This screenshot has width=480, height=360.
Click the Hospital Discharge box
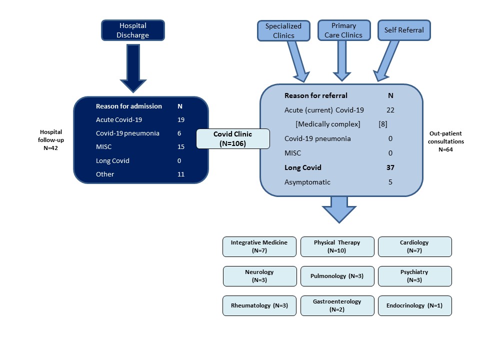click(x=133, y=30)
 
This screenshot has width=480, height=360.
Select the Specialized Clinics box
click(x=283, y=30)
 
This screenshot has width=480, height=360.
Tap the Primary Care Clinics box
click(x=344, y=30)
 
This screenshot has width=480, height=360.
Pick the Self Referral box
click(x=404, y=30)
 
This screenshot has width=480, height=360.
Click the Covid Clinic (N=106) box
click(x=232, y=138)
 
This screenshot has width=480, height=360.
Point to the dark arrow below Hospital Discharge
click(x=133, y=68)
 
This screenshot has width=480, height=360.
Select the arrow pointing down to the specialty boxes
click(x=339, y=209)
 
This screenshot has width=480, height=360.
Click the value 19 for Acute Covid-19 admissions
click(x=181, y=119)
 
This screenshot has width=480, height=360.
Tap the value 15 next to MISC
click(x=181, y=146)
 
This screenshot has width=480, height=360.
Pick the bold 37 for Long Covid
click(x=390, y=167)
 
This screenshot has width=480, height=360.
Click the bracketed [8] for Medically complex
click(x=383, y=124)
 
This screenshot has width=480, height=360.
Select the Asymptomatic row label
click(x=307, y=182)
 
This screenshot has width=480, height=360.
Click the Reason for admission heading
click(x=129, y=106)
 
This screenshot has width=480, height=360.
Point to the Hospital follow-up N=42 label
click(x=51, y=140)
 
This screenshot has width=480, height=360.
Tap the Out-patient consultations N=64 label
click(x=445, y=141)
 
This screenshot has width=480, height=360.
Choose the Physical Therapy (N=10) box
click(x=337, y=246)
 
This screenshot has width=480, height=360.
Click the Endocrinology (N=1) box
click(x=415, y=305)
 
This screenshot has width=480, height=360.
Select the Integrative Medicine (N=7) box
click(x=259, y=246)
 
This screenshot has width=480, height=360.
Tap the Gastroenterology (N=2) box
click(x=337, y=305)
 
